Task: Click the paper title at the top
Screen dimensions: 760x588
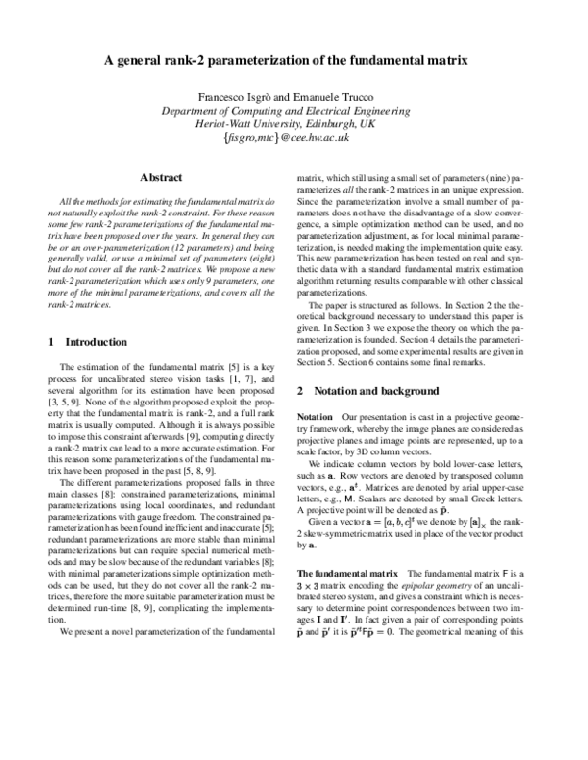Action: tap(294, 60)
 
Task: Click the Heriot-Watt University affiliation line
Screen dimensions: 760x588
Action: tap(294, 126)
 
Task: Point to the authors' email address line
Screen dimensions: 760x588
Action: tap(294, 140)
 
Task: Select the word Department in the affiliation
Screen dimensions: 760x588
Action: tap(192, 113)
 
